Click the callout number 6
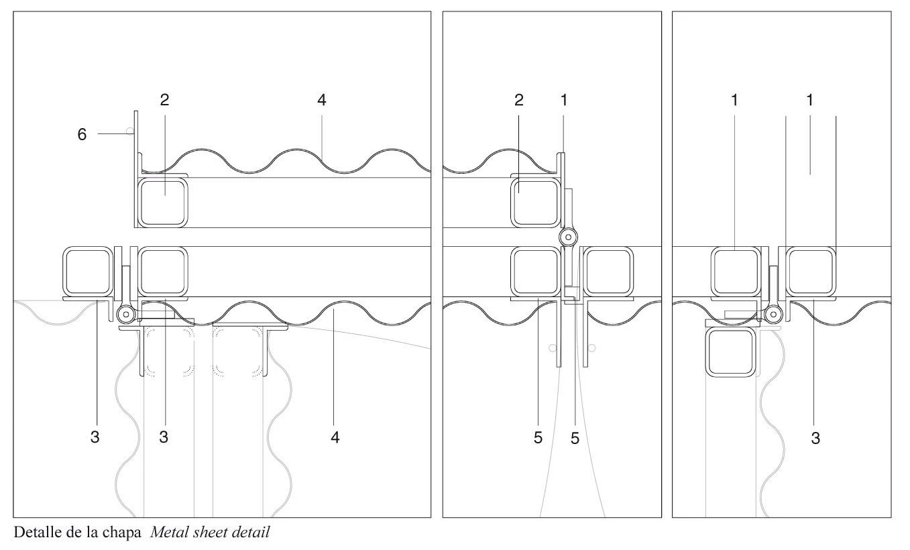pyautogui.click(x=82, y=134)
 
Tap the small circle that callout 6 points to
pyautogui.click(x=130, y=131)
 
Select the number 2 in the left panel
pyautogui.click(x=164, y=100)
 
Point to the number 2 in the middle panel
pyautogui.click(x=519, y=100)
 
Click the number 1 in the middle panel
pyautogui.click(x=564, y=100)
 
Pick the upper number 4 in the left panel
pyautogui.click(x=322, y=100)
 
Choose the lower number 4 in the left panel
pyautogui.click(x=335, y=437)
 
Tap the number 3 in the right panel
pyautogui.click(x=815, y=438)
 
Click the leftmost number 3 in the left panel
pyautogui.click(x=95, y=437)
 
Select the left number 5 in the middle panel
pyautogui.click(x=538, y=438)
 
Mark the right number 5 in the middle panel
pyautogui.click(x=575, y=438)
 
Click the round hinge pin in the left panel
pyautogui.click(x=126, y=314)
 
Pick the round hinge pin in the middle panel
pyautogui.click(x=569, y=237)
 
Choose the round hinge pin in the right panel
pyautogui.click(x=773, y=314)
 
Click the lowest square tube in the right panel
pyautogui.click(x=731, y=351)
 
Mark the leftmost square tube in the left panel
pyautogui.click(x=88, y=272)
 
